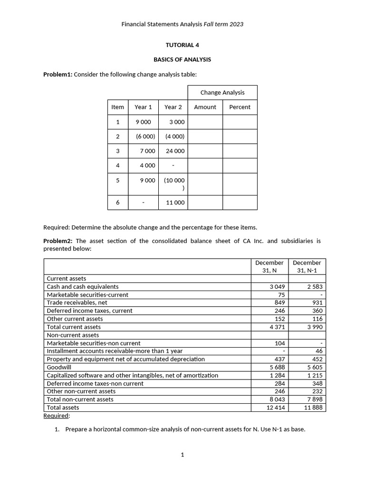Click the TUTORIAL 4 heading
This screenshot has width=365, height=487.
point(182,45)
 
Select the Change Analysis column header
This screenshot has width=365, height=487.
point(222,93)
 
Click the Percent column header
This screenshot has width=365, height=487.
point(240,107)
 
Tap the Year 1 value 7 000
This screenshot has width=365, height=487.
point(147,151)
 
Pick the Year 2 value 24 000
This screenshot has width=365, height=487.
point(175,151)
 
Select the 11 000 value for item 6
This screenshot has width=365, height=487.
point(175,202)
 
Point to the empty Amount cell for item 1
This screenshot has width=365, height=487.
point(205,122)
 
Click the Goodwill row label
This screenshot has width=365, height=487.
point(57,367)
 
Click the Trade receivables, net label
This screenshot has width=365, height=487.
point(77,302)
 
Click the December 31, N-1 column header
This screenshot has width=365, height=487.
point(307,266)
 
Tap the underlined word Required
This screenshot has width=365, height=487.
point(56,416)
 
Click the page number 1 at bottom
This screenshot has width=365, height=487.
point(182,455)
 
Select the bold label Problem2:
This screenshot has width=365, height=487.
point(58,241)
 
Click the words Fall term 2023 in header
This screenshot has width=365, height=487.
point(223,24)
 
